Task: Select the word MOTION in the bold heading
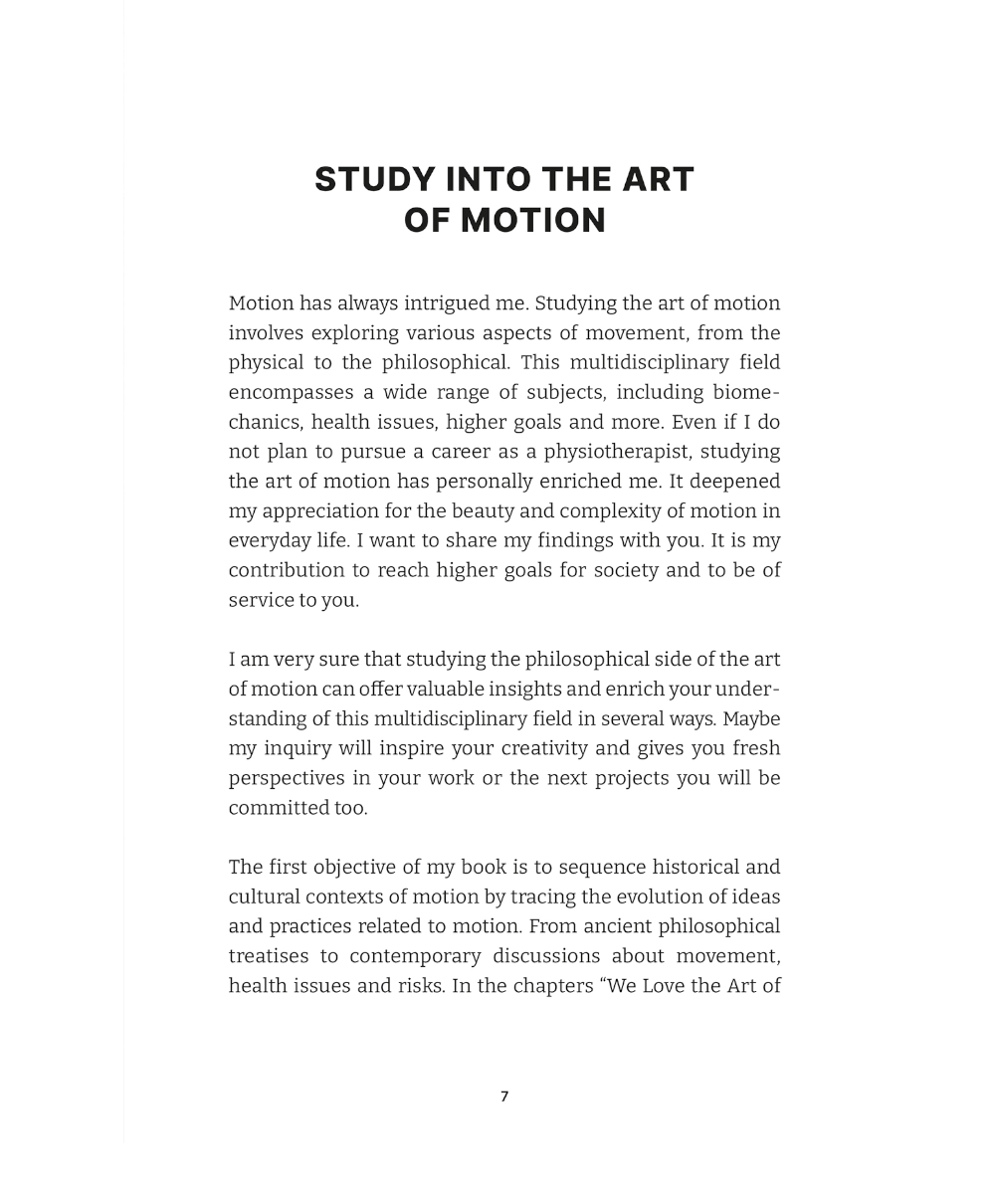pos(533,221)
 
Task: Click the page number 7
pos(504,1096)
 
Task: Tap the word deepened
pos(737,482)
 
